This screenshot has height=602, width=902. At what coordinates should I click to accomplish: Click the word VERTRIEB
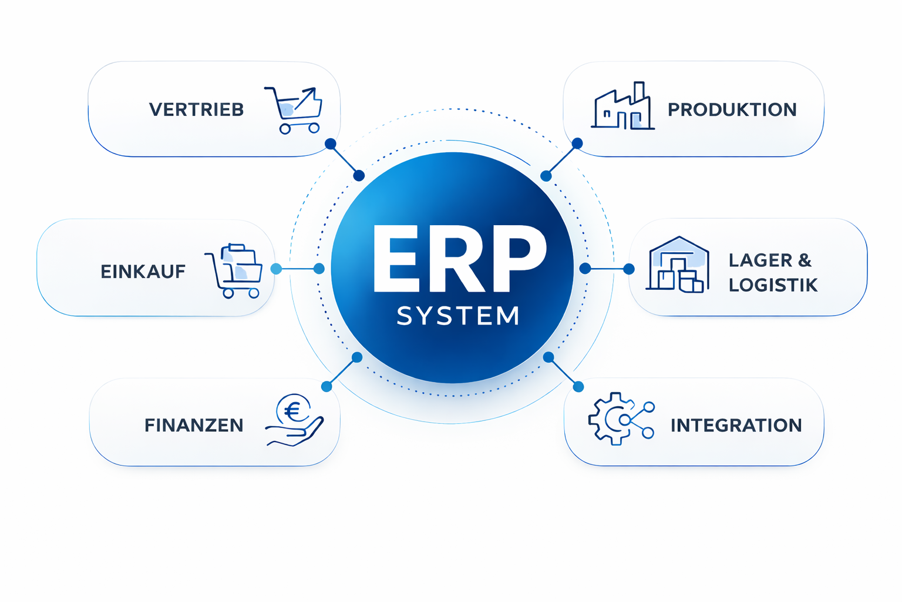196,109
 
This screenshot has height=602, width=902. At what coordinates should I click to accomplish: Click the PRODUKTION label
732,109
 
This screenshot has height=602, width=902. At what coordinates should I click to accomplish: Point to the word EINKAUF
143,272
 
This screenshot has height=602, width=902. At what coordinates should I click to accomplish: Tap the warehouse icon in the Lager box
678,265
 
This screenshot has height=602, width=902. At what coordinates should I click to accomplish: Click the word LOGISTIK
773,285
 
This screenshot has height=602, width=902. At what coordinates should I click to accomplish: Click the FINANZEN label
194,425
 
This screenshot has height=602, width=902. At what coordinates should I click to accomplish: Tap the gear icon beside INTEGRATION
611,419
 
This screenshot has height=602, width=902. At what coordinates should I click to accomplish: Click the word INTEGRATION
736,425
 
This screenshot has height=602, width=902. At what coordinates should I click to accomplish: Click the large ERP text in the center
459,259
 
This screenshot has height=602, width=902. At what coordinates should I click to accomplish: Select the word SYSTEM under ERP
458,316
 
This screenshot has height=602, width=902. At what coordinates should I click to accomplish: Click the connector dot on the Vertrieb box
331,144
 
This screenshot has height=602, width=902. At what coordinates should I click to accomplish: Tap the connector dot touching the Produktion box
577,143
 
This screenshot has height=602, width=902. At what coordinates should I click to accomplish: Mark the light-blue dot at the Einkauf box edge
276,269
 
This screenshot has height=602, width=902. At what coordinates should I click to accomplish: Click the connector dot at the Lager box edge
629,269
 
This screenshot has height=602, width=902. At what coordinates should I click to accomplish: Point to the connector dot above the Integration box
578,386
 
